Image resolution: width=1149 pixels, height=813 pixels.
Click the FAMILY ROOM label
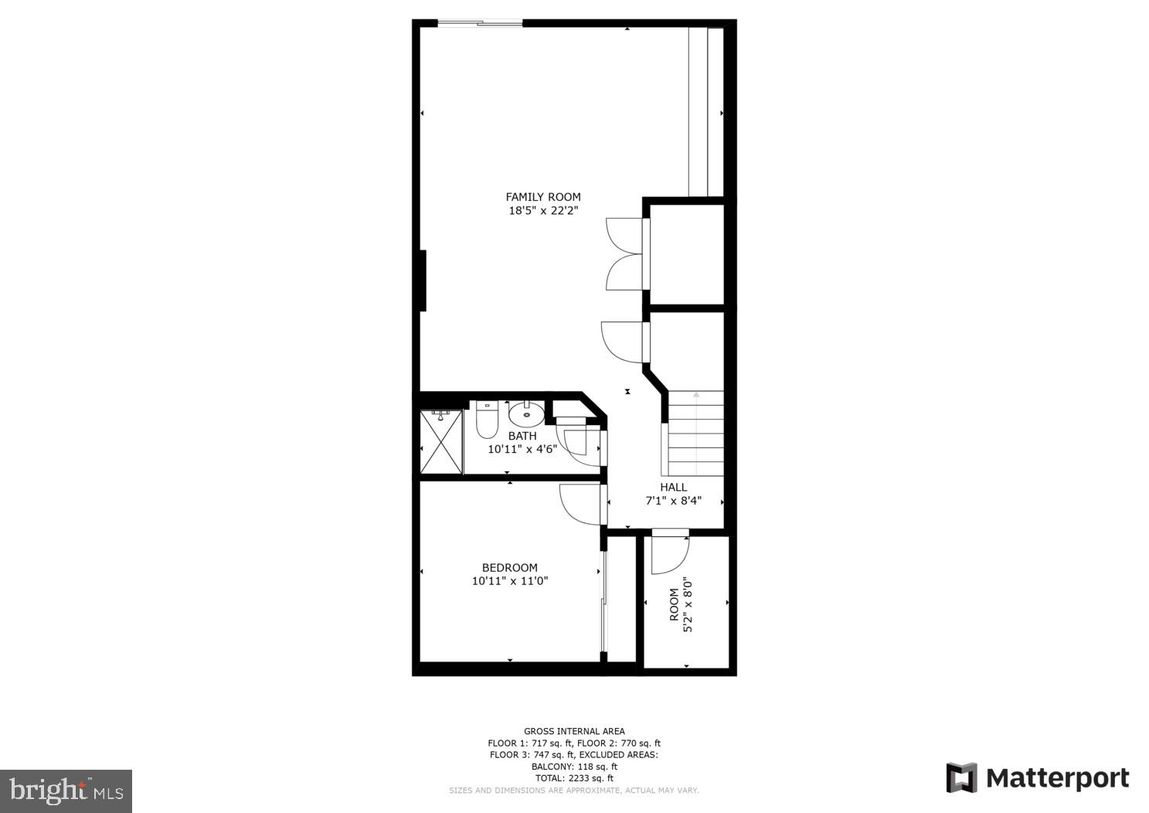[542, 197]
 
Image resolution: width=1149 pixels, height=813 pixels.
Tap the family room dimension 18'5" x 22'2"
[542, 210]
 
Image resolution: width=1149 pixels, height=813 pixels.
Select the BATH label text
[522, 436]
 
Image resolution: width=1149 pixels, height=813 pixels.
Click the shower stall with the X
[441, 441]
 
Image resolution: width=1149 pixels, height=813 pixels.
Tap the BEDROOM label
[509, 567]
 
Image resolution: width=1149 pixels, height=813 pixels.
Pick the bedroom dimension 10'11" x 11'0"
[509, 580]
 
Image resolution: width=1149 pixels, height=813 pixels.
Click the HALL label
[673, 487]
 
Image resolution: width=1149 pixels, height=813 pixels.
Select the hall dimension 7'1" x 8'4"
[673, 500]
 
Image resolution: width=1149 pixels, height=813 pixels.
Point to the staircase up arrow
[695, 396]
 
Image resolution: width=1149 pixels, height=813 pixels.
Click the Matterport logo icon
[962, 777]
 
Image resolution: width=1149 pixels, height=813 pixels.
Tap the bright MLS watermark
[66, 791]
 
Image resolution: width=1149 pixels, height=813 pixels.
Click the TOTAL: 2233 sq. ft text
[574, 778]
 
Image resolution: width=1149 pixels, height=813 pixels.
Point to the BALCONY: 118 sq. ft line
[574, 767]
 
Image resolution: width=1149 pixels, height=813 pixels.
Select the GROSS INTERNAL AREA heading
[574, 731]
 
